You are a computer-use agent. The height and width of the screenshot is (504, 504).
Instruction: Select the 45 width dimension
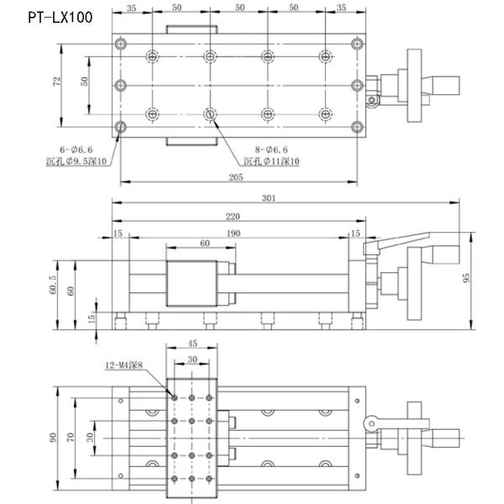192,344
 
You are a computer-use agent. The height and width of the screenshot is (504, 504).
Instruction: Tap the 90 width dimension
54,437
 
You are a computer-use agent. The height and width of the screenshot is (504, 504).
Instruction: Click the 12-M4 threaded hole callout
124,365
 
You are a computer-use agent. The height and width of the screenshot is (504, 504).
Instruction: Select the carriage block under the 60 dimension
194,286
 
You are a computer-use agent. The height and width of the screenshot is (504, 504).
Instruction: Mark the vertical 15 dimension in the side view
92,318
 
